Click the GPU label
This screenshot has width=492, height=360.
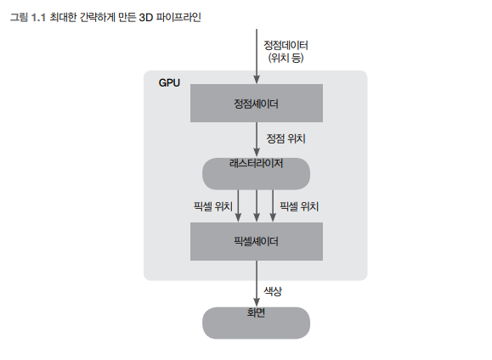click(169, 83)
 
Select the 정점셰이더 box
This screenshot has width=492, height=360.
click(257, 103)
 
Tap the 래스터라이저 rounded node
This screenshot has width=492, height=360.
click(256, 174)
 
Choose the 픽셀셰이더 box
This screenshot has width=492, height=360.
click(257, 241)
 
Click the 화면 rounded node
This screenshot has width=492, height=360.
click(256, 323)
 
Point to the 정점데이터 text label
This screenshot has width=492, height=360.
click(286, 46)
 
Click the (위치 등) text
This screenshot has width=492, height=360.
click(286, 58)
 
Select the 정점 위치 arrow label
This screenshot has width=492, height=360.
click(286, 138)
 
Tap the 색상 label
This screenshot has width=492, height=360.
click(273, 291)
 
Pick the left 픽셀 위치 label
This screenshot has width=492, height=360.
click(213, 206)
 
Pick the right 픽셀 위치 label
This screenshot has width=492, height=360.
click(299, 206)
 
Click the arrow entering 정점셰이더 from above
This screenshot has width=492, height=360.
click(257, 56)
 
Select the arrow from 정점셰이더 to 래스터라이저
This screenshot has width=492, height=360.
click(257, 139)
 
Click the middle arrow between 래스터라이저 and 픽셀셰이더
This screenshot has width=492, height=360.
click(257, 206)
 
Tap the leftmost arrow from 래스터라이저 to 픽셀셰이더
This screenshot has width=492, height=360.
click(238, 206)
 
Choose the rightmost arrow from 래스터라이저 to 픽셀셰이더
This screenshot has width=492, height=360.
click(273, 206)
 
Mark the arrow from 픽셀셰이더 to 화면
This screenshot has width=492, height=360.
click(257, 284)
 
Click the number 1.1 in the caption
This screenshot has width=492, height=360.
click(38, 18)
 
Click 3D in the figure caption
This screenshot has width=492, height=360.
click(145, 18)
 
